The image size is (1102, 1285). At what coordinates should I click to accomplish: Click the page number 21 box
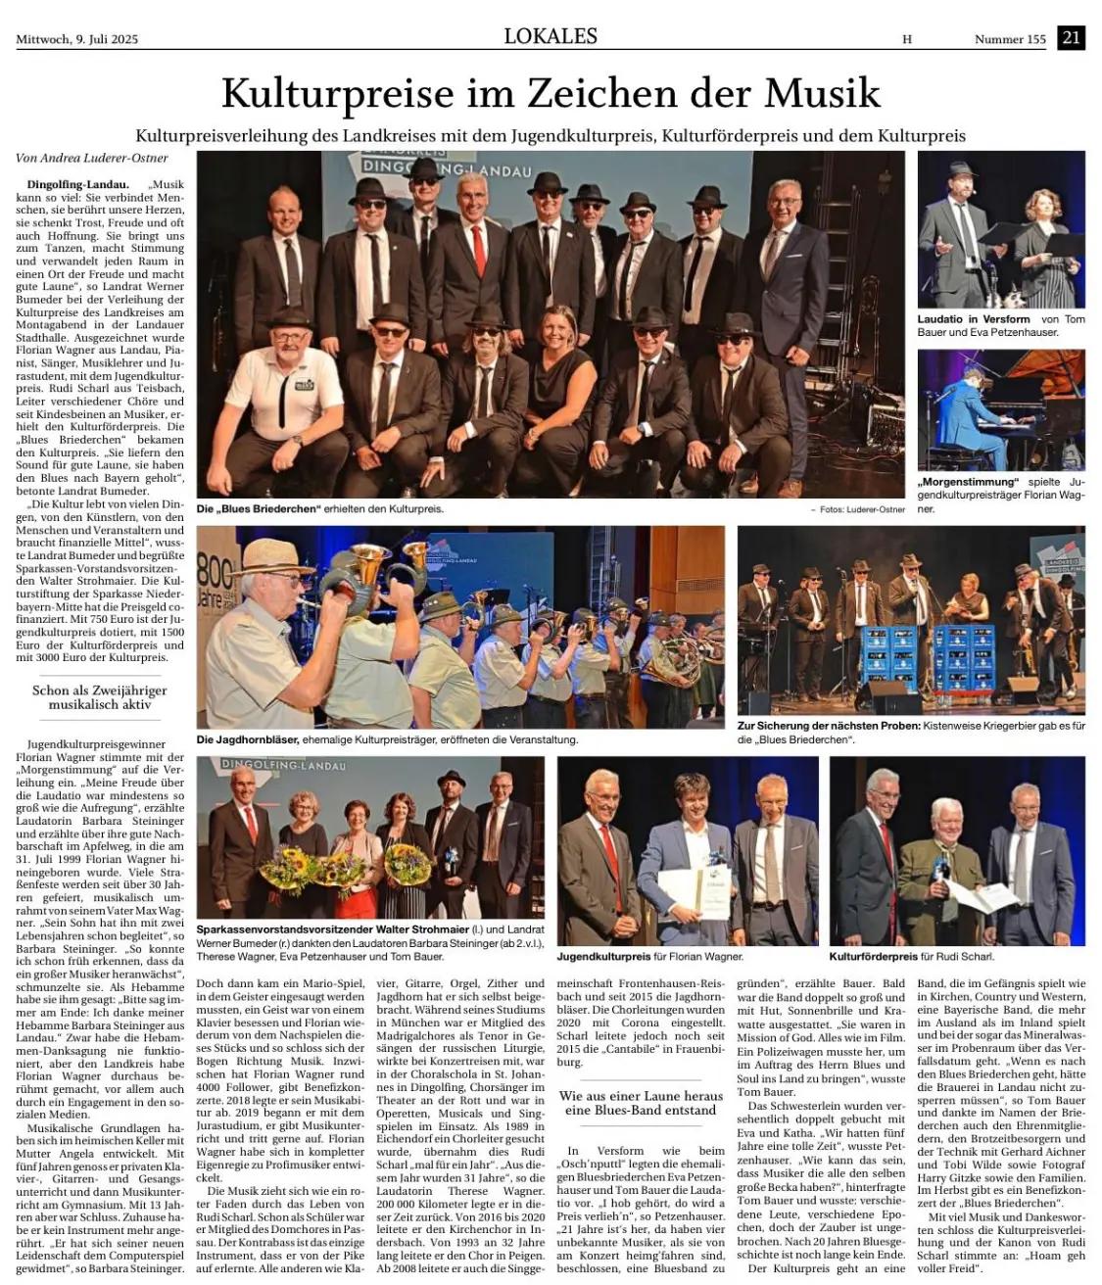click(x=1071, y=38)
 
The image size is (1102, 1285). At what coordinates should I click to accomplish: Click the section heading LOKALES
click(x=551, y=36)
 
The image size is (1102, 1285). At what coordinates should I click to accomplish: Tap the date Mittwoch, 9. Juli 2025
click(x=77, y=39)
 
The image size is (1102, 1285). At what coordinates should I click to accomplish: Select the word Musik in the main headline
click(x=822, y=93)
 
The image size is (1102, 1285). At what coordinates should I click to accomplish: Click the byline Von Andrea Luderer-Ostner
click(x=92, y=158)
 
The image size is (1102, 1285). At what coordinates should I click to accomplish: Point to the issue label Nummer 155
click(x=1010, y=39)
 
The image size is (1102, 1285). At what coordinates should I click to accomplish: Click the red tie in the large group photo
click(x=479, y=251)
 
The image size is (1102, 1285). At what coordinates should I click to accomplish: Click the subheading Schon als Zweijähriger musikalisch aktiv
click(x=99, y=696)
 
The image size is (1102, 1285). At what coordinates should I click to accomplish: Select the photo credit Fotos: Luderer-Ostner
click(x=857, y=509)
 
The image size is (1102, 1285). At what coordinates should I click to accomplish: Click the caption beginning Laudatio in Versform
click(x=999, y=325)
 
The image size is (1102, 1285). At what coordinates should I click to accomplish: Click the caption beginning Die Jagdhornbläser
click(x=386, y=739)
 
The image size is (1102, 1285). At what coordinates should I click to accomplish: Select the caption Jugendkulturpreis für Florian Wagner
click(x=649, y=956)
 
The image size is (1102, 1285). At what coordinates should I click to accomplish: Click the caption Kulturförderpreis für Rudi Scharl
click(x=911, y=956)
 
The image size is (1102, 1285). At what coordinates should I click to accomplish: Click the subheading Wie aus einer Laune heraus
click(x=642, y=1103)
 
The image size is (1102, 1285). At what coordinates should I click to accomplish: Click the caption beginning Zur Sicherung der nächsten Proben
click(x=911, y=732)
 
